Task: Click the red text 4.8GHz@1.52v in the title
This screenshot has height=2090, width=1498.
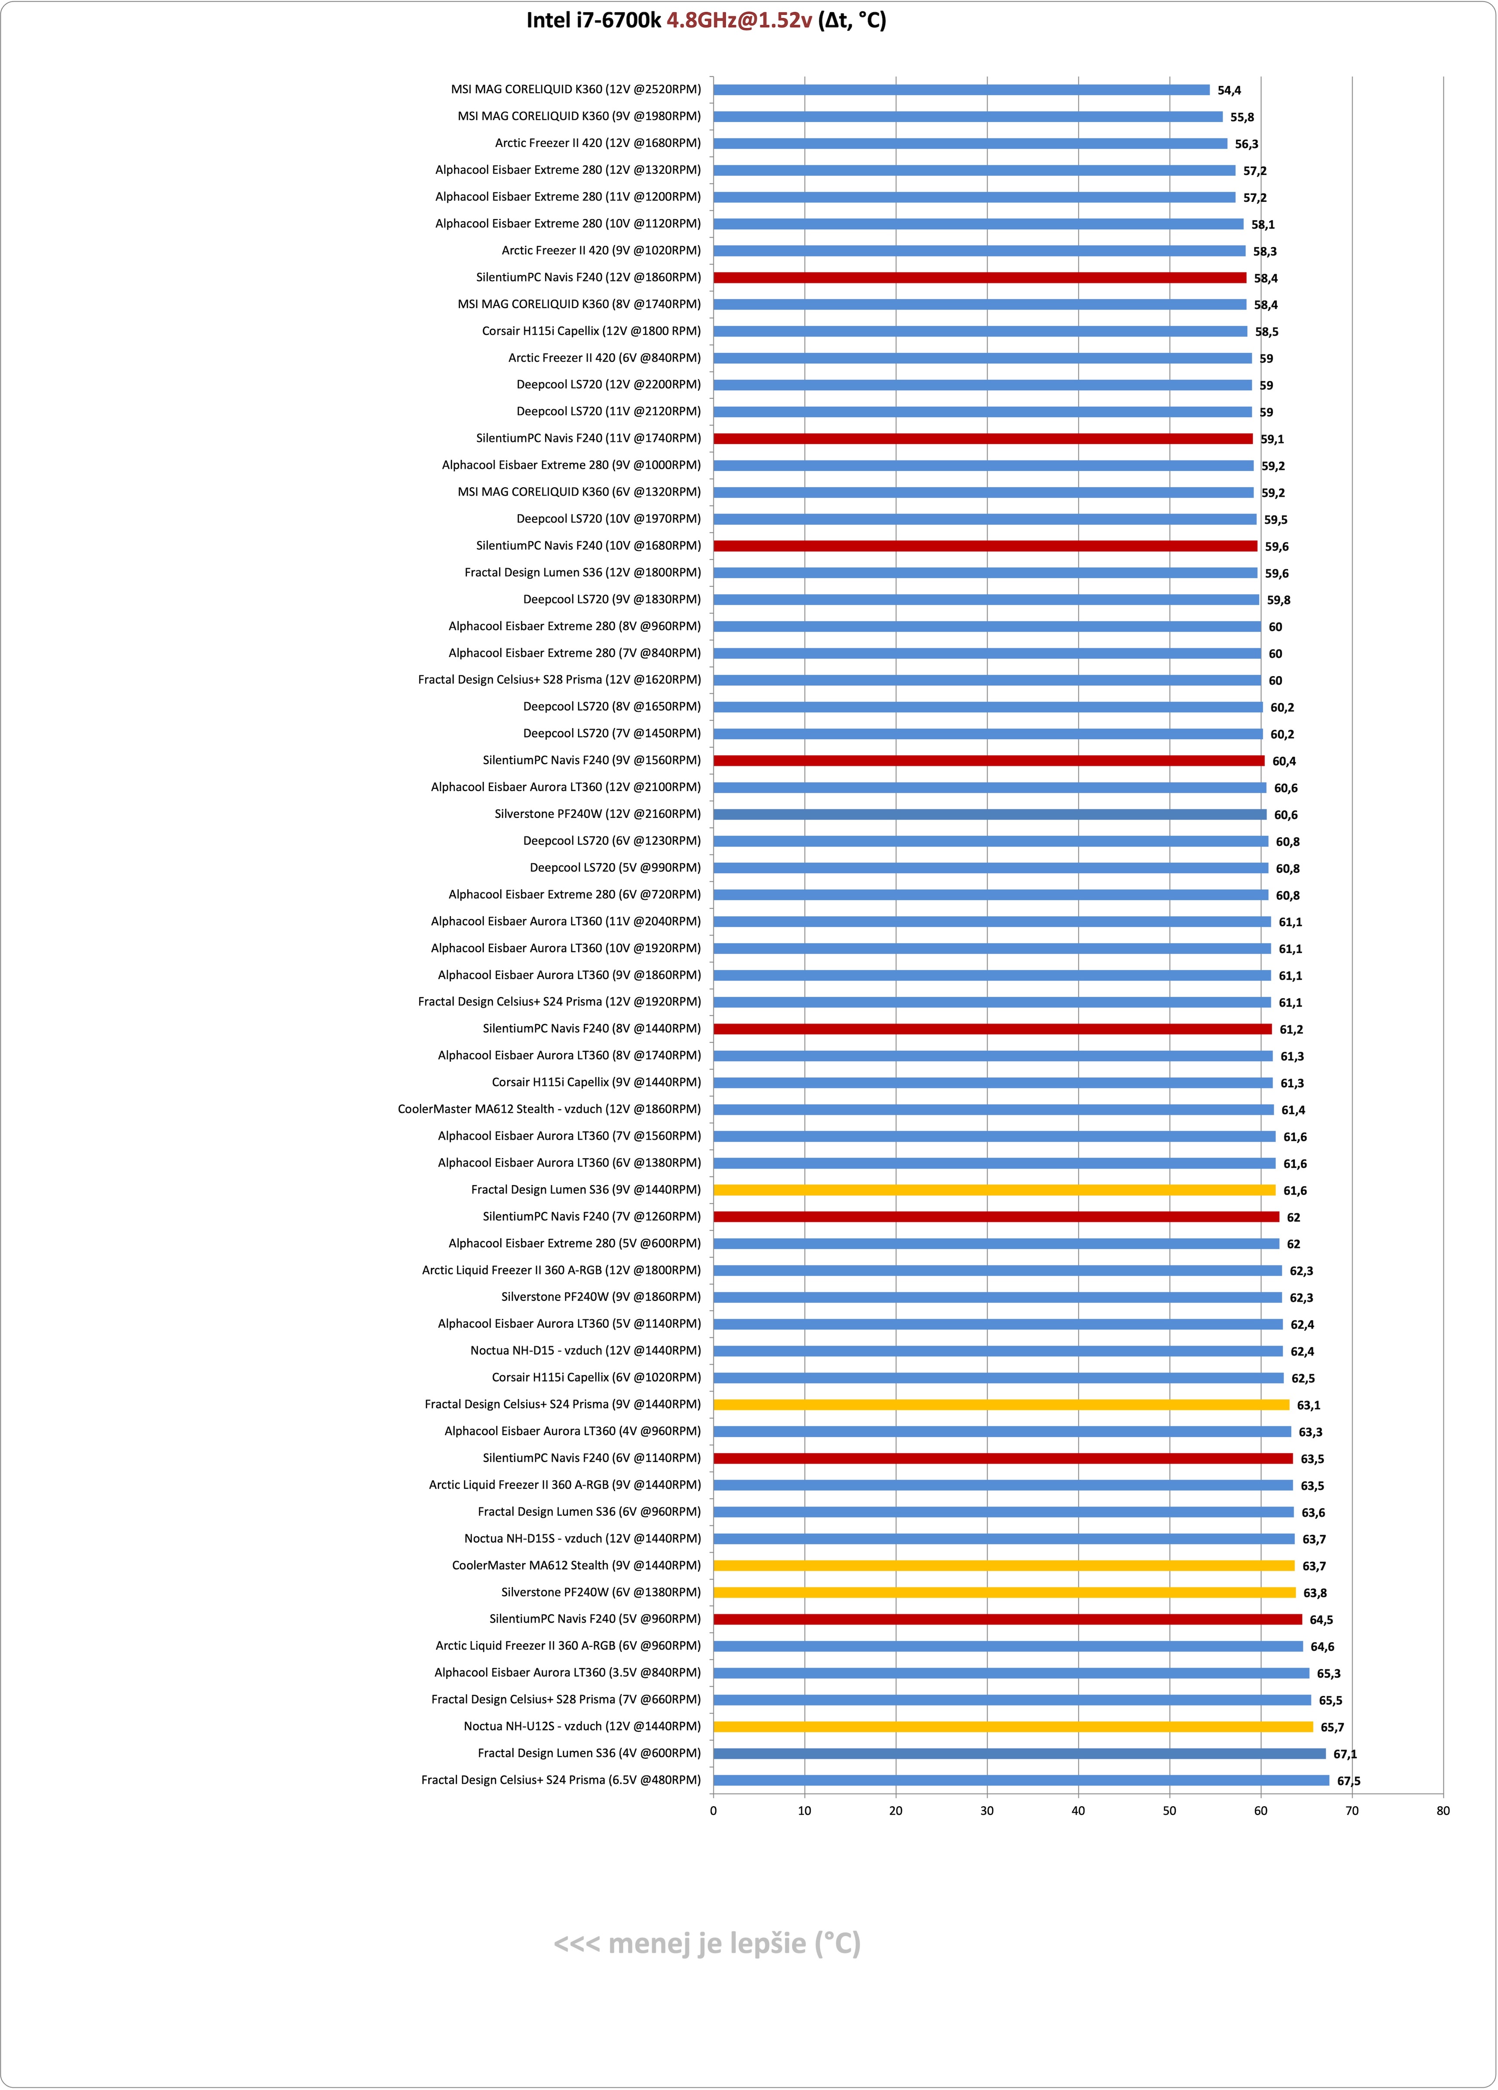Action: click(739, 20)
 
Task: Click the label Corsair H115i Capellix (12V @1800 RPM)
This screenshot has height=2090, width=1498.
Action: click(592, 331)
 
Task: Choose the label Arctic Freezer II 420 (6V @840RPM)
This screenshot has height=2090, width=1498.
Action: click(605, 357)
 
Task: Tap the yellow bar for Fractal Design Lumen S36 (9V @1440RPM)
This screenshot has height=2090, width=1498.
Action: click(994, 1190)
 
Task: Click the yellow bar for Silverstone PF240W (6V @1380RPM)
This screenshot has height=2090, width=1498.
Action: click(1004, 1592)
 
